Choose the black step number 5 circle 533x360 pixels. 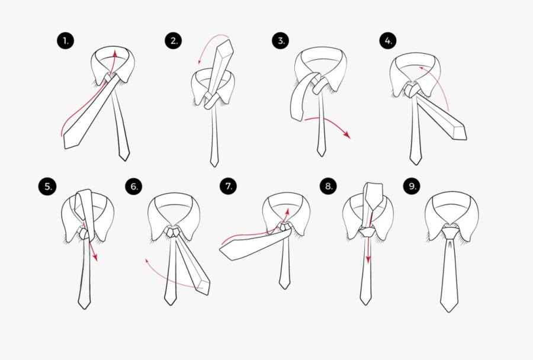(x=47, y=187)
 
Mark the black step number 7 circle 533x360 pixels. (x=228, y=187)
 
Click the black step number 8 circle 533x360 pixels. (x=328, y=187)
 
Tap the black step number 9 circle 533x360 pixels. (x=412, y=187)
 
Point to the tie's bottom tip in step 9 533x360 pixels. (x=449, y=309)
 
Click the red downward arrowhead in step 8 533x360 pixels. (x=368, y=261)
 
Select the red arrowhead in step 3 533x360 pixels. (x=348, y=136)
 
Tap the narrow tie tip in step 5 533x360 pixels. (x=84, y=305)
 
